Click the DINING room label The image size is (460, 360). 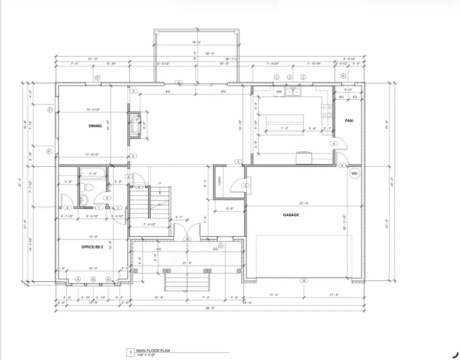tap(95, 126)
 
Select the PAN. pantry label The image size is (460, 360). tap(350, 121)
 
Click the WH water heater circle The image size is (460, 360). tap(354, 174)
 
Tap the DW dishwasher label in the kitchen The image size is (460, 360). tap(279, 92)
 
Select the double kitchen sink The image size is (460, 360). tap(293, 92)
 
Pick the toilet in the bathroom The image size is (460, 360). tap(87, 197)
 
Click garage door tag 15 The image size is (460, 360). tap(303, 280)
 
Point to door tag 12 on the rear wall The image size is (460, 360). tap(179, 82)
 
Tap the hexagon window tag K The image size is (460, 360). tap(343, 76)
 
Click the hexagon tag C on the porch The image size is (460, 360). tap(221, 245)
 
